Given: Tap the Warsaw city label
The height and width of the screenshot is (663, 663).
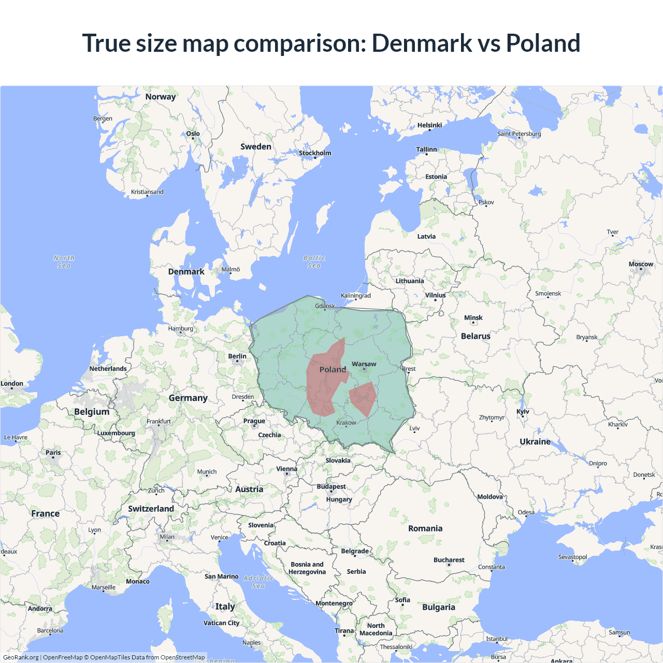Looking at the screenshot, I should pyautogui.click(x=364, y=364).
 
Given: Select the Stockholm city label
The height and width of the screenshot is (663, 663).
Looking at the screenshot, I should pyautogui.click(x=315, y=153).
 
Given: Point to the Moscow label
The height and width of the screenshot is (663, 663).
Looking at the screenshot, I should pyautogui.click(x=641, y=264).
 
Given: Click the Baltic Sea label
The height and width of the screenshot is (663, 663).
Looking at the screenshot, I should pyautogui.click(x=314, y=262).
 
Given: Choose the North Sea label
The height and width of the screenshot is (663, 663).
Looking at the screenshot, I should pyautogui.click(x=64, y=262).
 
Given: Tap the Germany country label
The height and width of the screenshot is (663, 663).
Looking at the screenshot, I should pyautogui.click(x=188, y=398).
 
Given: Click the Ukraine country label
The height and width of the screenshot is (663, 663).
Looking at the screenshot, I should pyautogui.click(x=535, y=441).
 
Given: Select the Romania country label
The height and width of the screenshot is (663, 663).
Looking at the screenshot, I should pyautogui.click(x=425, y=528).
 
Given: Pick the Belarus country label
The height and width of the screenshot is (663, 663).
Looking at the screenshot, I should pyautogui.click(x=475, y=336).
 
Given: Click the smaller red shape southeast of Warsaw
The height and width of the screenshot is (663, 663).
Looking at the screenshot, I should pyautogui.click(x=363, y=398).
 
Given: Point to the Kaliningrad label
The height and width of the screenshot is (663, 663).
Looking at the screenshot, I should pyautogui.click(x=356, y=296).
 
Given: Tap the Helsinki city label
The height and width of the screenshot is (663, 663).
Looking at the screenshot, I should pyautogui.click(x=429, y=125).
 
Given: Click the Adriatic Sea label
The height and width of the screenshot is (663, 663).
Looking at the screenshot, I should pyautogui.click(x=258, y=582).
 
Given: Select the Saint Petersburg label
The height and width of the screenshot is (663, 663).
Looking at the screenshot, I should pyautogui.click(x=519, y=134).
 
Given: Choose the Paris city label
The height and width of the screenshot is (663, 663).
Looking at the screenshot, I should pyautogui.click(x=53, y=453).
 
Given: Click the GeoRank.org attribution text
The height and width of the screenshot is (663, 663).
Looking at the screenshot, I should pyautogui.click(x=21, y=657).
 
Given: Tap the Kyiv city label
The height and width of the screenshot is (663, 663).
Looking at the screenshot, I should pyautogui.click(x=523, y=412).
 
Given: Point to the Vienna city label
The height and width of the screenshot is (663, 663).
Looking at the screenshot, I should pyautogui.click(x=286, y=469).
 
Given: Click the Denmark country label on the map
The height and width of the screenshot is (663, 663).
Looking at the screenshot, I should pyautogui.click(x=186, y=271).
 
